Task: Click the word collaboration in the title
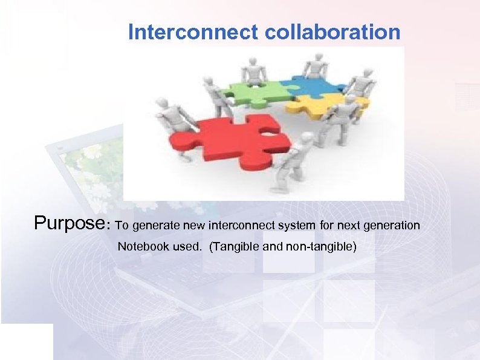[x=332, y=32]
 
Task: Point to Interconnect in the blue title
[x=194, y=32]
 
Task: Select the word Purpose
[x=70, y=223]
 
